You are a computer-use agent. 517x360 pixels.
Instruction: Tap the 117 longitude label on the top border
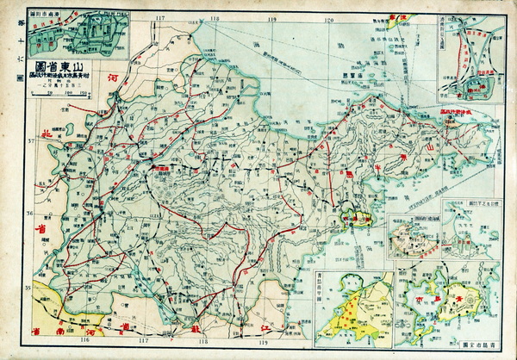pos(159,16)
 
